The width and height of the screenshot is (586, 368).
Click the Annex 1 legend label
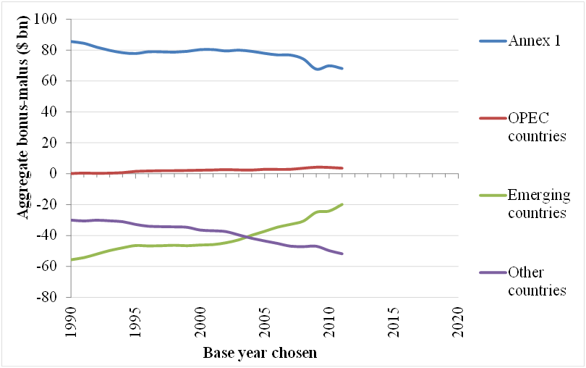point(535,41)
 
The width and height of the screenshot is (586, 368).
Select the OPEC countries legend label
point(537,127)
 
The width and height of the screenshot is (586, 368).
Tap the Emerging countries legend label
point(538,204)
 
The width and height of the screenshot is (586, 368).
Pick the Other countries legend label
point(537,282)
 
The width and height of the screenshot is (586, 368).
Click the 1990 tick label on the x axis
point(71,322)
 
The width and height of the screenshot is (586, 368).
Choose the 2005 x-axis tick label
point(265,322)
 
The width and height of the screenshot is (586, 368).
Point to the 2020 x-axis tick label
point(458,322)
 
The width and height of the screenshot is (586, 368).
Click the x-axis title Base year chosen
point(260,353)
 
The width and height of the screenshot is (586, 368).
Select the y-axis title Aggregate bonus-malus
point(22,117)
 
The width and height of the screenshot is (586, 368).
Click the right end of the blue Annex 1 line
point(342,69)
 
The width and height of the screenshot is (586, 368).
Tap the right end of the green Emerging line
point(342,204)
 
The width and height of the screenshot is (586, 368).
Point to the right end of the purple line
point(342,254)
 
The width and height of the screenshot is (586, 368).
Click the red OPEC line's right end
point(342,168)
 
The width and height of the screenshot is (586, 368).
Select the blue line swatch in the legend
point(493,41)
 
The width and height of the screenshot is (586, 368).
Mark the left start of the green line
point(72,259)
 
